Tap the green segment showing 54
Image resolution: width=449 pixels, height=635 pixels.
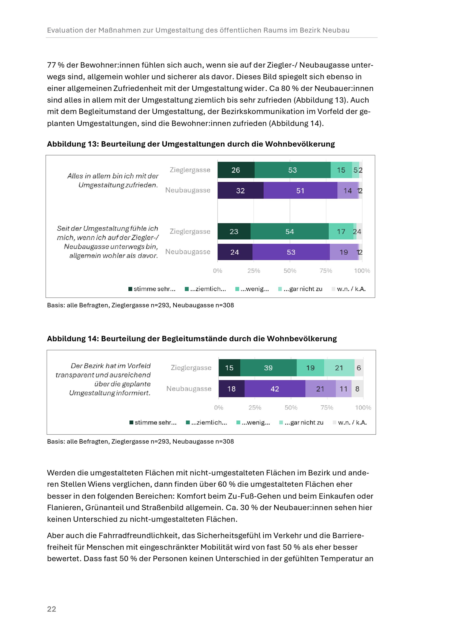coord(289,231)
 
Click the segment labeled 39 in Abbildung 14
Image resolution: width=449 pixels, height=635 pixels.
coord(268,368)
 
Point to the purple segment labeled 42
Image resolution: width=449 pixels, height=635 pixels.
coord(275,389)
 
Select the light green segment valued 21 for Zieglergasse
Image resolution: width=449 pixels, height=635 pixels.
coord(339,368)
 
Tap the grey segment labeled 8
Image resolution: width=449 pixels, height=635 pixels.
coord(357,389)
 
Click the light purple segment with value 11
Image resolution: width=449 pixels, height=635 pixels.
coord(344,389)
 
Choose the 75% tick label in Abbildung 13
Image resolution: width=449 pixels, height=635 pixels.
coord(326,271)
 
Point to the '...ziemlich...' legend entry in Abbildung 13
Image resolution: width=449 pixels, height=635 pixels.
coord(205,289)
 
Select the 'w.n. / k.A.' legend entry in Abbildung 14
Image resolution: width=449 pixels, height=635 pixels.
coord(350,422)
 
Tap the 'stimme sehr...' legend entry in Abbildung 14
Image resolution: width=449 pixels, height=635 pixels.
coord(153,422)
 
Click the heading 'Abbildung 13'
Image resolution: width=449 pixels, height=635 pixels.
coord(73,144)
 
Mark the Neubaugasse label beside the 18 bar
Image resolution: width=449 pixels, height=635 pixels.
coord(189,389)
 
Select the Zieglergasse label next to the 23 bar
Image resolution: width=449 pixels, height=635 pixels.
coord(190,231)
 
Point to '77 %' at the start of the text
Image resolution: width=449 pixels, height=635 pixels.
coord(56,65)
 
